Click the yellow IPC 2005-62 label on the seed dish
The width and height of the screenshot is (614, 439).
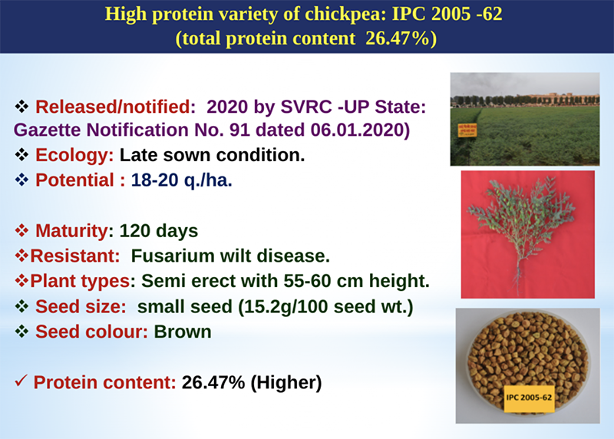tap(529, 398)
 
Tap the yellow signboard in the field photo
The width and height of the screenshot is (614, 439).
tap(467, 130)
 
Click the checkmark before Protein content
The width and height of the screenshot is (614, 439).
tap(21, 381)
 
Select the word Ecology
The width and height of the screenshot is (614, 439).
tap(74, 156)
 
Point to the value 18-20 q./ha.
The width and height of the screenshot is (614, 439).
tap(182, 180)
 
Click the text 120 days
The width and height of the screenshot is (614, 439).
tap(159, 231)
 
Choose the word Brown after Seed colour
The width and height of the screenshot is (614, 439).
tap(183, 332)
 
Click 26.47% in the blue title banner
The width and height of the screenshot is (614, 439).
tap(397, 39)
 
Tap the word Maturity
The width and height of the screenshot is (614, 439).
tap(71, 231)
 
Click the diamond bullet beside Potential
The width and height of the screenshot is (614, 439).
tap(21, 180)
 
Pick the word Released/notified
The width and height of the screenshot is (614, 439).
tap(116, 107)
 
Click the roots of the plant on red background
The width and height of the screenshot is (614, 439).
tap(519, 276)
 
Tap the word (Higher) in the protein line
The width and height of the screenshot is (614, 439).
tap(286, 383)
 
